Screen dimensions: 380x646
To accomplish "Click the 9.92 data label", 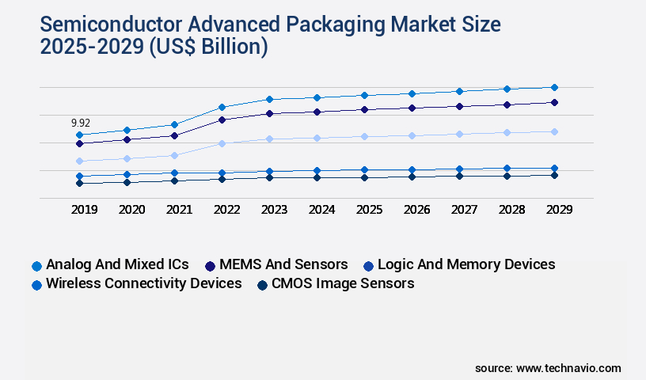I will pos(80,123).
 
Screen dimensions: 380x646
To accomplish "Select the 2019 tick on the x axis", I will pos(84,210).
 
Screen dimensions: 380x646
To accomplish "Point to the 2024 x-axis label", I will pos(321,210).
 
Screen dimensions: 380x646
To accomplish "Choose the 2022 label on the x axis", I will pos(226,210).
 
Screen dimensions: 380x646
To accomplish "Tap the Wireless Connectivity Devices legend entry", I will pos(143,283).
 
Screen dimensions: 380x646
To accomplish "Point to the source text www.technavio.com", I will pos(568,368).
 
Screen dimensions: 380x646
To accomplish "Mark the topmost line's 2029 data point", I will pos(554,87).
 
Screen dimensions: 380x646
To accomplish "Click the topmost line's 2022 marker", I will pos(222,107).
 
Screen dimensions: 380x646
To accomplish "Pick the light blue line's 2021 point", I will pos(175,155).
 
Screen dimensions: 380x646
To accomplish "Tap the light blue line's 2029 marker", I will pos(554,131).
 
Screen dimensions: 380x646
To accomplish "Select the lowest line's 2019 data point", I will pos(79,183).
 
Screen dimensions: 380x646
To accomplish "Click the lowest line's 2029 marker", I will pos(554,175).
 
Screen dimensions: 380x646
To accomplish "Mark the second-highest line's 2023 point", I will pos(269,113).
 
